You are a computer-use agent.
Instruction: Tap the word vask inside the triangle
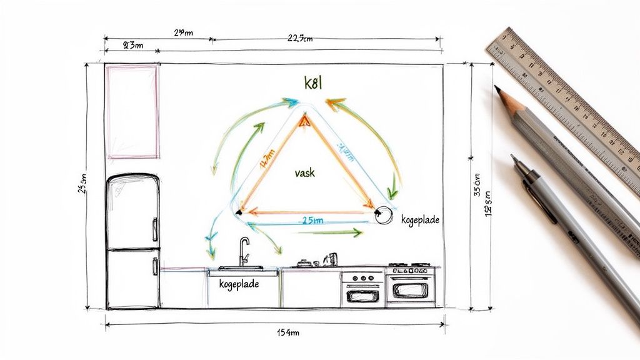[x=304, y=173]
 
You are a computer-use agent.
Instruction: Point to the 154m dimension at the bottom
[x=288, y=332]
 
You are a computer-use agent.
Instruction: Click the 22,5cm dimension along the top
[x=300, y=38]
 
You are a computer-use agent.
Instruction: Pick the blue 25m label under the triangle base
[x=312, y=221]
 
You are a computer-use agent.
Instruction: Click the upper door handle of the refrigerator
[x=155, y=229]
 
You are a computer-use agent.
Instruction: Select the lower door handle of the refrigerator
[x=155, y=266]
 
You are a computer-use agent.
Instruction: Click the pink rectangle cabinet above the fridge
[x=132, y=111]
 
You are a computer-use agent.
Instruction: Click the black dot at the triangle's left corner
[x=238, y=214]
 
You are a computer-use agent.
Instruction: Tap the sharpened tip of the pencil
[x=498, y=89]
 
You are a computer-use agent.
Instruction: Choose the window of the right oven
[x=411, y=291]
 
